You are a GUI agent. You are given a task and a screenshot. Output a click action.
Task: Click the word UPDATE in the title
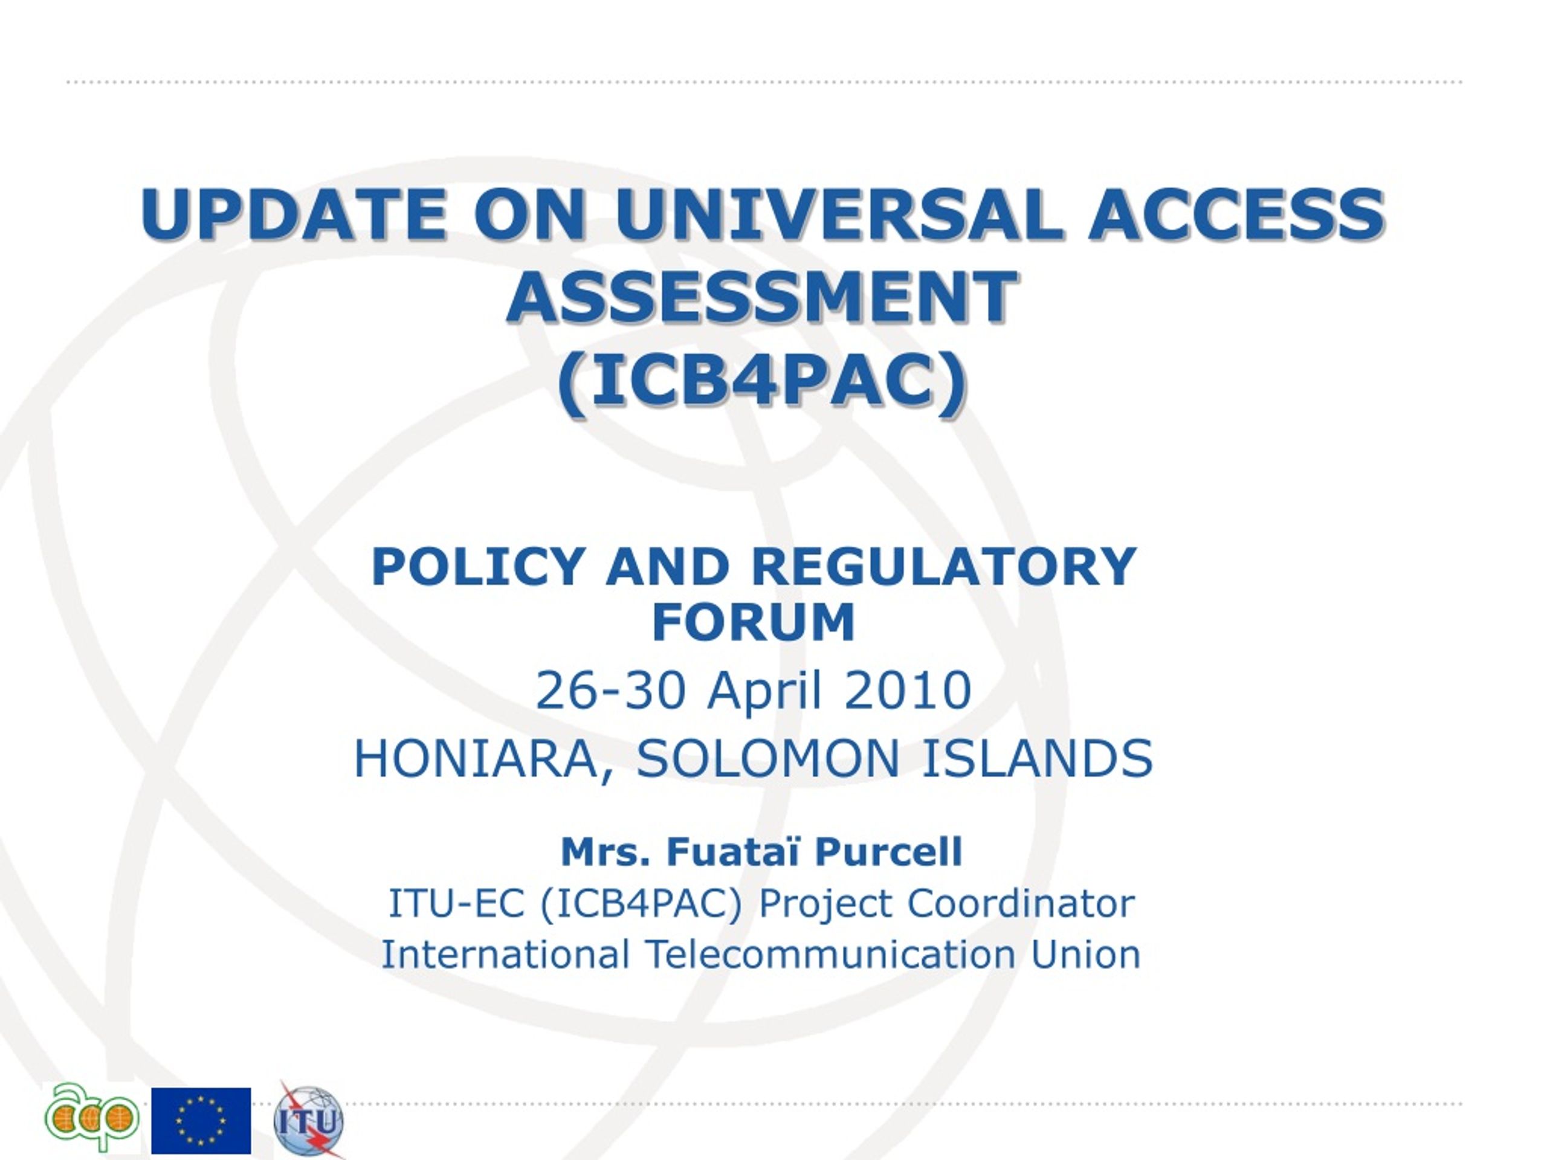coord(294,213)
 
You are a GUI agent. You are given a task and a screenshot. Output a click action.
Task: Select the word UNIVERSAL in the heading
coord(836,213)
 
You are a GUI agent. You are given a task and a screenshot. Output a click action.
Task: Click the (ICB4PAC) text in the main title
coord(762,383)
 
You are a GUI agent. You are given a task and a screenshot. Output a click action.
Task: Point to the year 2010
coord(908,690)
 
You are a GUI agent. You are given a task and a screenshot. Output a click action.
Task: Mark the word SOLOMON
coord(768,759)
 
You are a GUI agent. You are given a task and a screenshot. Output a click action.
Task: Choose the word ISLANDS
coord(1037,759)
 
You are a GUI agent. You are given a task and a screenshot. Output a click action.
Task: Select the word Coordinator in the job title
coord(1021,903)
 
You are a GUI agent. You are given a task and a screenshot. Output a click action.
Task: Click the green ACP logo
coord(92,1116)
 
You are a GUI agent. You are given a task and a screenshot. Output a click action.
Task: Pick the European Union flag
coord(201,1120)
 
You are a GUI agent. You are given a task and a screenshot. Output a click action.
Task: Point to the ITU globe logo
coord(308,1120)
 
